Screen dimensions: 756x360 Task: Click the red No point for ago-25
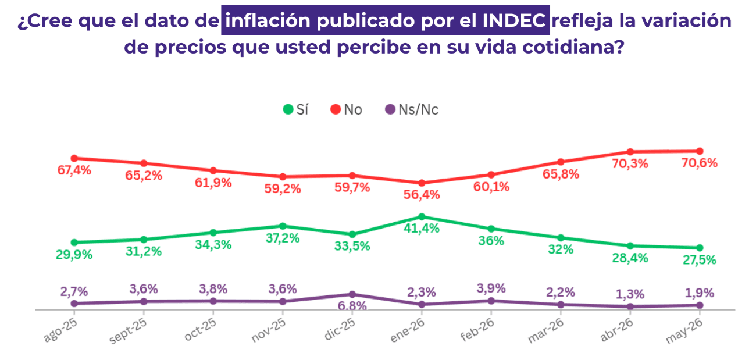coord(74,158)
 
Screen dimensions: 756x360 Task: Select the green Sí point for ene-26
coord(422,216)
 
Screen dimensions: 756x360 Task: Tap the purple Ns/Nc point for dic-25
coord(352,294)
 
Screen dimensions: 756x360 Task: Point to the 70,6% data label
coord(699,163)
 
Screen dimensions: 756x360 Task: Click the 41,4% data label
coord(422,229)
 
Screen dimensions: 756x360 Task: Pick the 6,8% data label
coord(352,305)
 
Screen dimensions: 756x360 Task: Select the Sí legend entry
coord(295,110)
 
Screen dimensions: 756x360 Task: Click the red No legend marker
coord(336,109)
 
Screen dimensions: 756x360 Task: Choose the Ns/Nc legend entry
coord(412,110)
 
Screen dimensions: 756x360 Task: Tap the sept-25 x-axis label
coord(129,331)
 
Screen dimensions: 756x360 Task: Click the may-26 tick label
coord(684,331)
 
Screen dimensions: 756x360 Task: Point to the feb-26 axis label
coord(477,330)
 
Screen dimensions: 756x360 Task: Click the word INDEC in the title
coord(513,20)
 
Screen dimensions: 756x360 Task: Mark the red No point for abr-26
coord(630,152)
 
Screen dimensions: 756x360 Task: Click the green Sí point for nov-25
coord(283,226)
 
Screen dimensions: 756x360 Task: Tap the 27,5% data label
coord(699,260)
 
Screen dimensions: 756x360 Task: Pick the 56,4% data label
coord(422,195)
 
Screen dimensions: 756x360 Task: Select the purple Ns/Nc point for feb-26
coord(491,301)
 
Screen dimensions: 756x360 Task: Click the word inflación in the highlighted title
coord(268,20)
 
